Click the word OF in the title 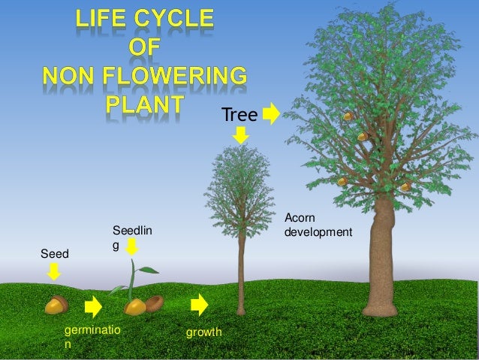[145, 49]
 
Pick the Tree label [239, 115]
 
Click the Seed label [53, 254]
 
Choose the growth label [203, 331]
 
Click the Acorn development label [318, 225]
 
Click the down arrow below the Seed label [54, 273]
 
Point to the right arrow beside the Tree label [272, 114]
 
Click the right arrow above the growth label [200, 305]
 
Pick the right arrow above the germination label [94, 307]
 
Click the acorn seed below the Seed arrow [56, 305]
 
